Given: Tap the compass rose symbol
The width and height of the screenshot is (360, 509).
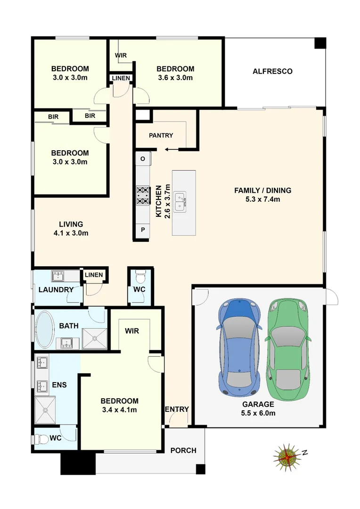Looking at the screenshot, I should [x=286, y=456].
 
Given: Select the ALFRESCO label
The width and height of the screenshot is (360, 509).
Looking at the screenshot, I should [x=272, y=72].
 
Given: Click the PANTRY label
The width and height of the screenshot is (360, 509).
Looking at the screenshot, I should [x=161, y=136].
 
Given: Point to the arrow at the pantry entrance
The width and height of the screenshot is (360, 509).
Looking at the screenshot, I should [x=171, y=150].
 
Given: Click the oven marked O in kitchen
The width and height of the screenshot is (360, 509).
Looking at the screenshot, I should [x=143, y=159].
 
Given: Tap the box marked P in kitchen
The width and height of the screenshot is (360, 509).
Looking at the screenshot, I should [x=143, y=230].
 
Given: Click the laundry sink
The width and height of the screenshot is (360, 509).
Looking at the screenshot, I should [x=58, y=275].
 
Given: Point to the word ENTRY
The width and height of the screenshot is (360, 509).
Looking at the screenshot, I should [x=177, y=409].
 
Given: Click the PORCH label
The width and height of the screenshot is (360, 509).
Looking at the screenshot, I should [x=183, y=450].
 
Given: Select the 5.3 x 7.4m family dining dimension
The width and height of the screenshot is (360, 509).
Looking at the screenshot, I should [x=263, y=199].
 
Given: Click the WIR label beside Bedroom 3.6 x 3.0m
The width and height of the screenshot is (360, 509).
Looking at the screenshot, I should [x=121, y=56].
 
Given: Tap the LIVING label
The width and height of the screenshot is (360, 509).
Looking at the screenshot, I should [x=71, y=224].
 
